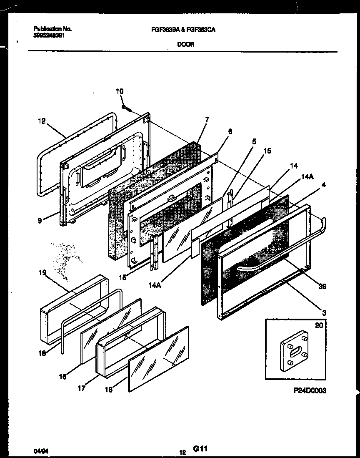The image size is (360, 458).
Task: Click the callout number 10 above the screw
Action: pyautogui.click(x=120, y=91)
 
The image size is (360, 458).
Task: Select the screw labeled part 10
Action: pyautogui.click(x=127, y=108)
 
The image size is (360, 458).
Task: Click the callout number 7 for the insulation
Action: pyautogui.click(x=207, y=120)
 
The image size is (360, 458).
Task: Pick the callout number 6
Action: pyautogui.click(x=230, y=131)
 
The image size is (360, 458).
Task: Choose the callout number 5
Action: pyautogui.click(x=253, y=141)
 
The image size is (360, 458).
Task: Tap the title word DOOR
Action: pyautogui.click(x=186, y=45)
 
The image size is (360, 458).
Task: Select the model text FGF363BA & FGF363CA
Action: pyautogui.click(x=185, y=30)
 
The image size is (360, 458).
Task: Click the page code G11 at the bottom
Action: pyautogui.click(x=200, y=448)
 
